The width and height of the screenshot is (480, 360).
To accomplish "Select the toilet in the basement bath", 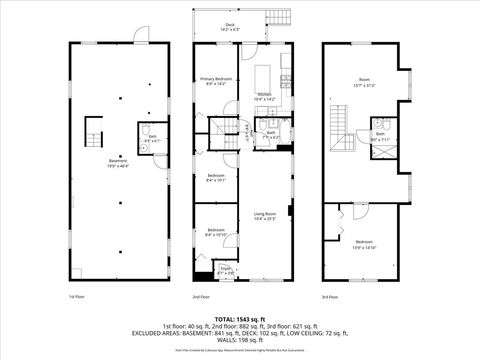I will pyautogui.click(x=146, y=131).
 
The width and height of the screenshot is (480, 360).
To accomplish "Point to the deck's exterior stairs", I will pyautogui.click(x=277, y=17).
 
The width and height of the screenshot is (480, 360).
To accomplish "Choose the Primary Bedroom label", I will pyautogui.click(x=214, y=81).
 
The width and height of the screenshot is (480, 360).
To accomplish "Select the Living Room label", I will pyautogui.click(x=264, y=215).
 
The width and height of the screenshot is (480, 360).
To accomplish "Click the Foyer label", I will pyautogui.click(x=226, y=270).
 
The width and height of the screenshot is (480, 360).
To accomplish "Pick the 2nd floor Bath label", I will pyautogui.click(x=271, y=134).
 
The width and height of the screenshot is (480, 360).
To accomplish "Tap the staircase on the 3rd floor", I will pyautogui.click(x=343, y=125).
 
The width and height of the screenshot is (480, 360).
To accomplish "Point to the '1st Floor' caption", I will pyautogui.click(x=75, y=297).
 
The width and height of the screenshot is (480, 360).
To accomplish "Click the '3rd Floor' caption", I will pyautogui.click(x=328, y=297).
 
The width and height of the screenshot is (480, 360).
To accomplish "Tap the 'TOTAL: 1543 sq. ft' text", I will pyautogui.click(x=240, y=317).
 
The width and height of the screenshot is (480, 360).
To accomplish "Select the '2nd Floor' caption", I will pyautogui.click(x=201, y=297).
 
